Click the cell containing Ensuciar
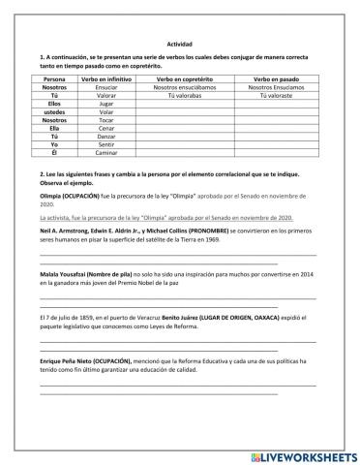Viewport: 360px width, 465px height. click(x=109, y=87)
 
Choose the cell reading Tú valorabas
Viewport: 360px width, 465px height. click(x=192, y=97)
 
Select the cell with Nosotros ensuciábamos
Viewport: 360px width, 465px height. click(x=192, y=87)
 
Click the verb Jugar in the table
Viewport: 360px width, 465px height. click(x=109, y=106)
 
